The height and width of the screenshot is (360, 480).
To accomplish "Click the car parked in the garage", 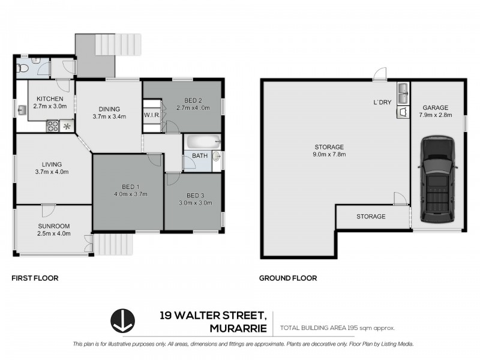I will [x=437, y=179].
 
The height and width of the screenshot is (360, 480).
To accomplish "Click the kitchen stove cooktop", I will [x=52, y=126].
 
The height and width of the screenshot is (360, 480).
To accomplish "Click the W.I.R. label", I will [x=150, y=115].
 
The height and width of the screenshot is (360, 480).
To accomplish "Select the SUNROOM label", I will [x=54, y=226].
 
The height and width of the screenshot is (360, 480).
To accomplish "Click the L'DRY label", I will [x=382, y=102].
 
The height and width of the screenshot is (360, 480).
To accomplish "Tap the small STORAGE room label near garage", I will [x=371, y=216].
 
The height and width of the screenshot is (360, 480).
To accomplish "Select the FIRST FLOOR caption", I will [x=35, y=278].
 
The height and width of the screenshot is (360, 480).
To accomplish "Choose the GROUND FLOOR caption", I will [x=287, y=278].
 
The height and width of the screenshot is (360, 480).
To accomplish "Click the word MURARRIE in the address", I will [x=236, y=328].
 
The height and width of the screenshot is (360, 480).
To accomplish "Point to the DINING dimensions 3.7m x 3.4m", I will [x=109, y=116].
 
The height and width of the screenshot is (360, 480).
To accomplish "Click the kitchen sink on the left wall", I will [x=22, y=110].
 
